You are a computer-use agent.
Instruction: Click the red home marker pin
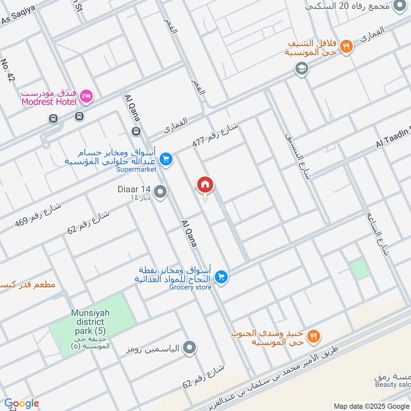tap(205, 185)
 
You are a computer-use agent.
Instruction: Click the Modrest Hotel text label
tap(49, 102)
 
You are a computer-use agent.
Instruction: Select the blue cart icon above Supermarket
tap(165, 159)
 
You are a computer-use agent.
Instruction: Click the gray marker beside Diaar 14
tap(160, 193)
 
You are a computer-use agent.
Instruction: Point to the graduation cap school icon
tap(302, 68)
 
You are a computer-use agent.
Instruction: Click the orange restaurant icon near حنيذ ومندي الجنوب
tap(313, 337)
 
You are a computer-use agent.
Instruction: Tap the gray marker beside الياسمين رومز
tap(190, 349)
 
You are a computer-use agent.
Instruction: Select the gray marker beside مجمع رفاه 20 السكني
tap(398, 6)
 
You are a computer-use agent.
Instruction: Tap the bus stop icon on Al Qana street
tap(136, 132)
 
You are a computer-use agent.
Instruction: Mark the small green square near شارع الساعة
tap(360, 269)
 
